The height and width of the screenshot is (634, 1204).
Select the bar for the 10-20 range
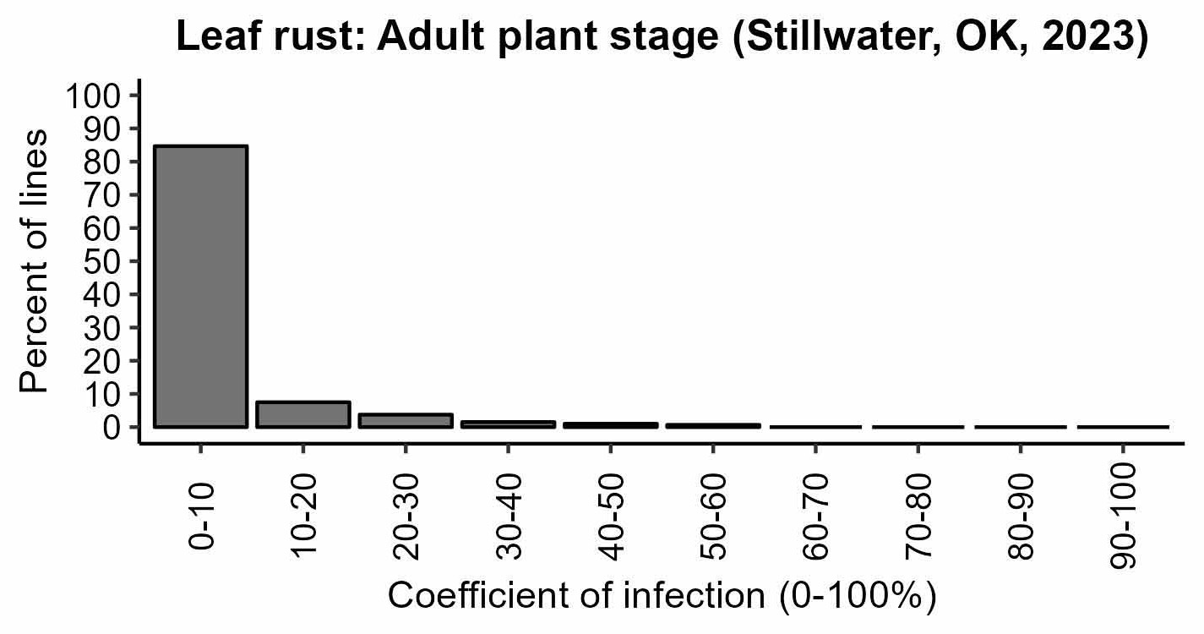tap(302, 414)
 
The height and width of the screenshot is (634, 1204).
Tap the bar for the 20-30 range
tap(406, 420)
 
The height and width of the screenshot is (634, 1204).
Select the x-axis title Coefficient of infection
tap(662, 597)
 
